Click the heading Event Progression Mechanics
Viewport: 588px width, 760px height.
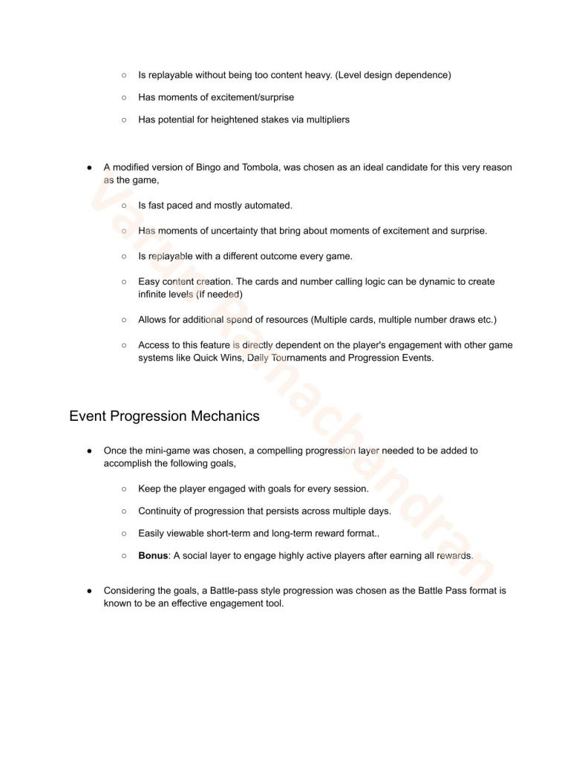(164, 416)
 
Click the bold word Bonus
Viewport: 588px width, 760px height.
(153, 556)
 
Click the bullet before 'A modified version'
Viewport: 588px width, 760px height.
(89, 168)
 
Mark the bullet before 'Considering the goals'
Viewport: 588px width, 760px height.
(89, 591)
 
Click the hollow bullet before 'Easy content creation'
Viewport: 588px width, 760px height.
(124, 282)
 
